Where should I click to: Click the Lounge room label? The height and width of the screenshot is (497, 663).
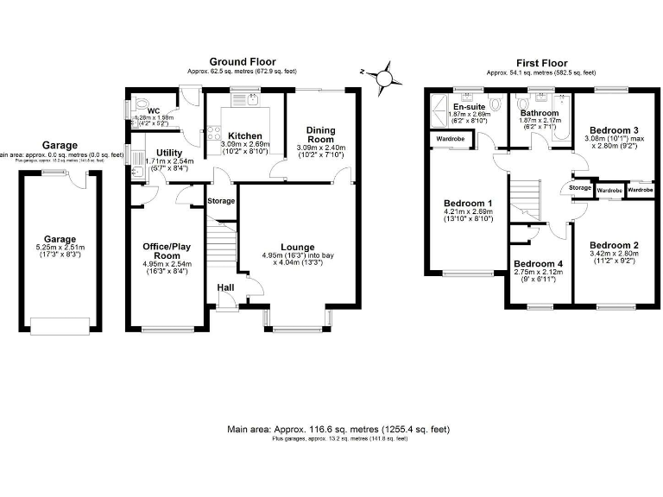point(296,247)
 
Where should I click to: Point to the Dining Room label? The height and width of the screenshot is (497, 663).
point(320,134)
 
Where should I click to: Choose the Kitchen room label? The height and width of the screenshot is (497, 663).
point(244,135)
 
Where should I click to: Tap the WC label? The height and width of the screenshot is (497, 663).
point(154,110)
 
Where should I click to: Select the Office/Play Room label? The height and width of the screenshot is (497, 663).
point(167,250)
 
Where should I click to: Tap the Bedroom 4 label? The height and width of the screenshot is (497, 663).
point(536,263)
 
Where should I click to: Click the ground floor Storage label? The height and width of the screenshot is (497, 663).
point(221,200)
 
